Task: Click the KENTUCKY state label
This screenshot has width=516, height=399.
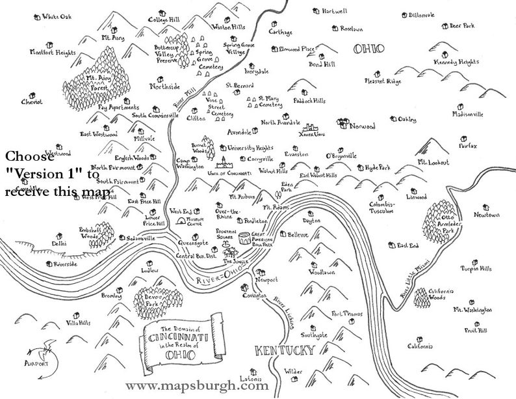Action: click(285, 350)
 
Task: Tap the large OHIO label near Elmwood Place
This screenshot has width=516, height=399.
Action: click(367, 48)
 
